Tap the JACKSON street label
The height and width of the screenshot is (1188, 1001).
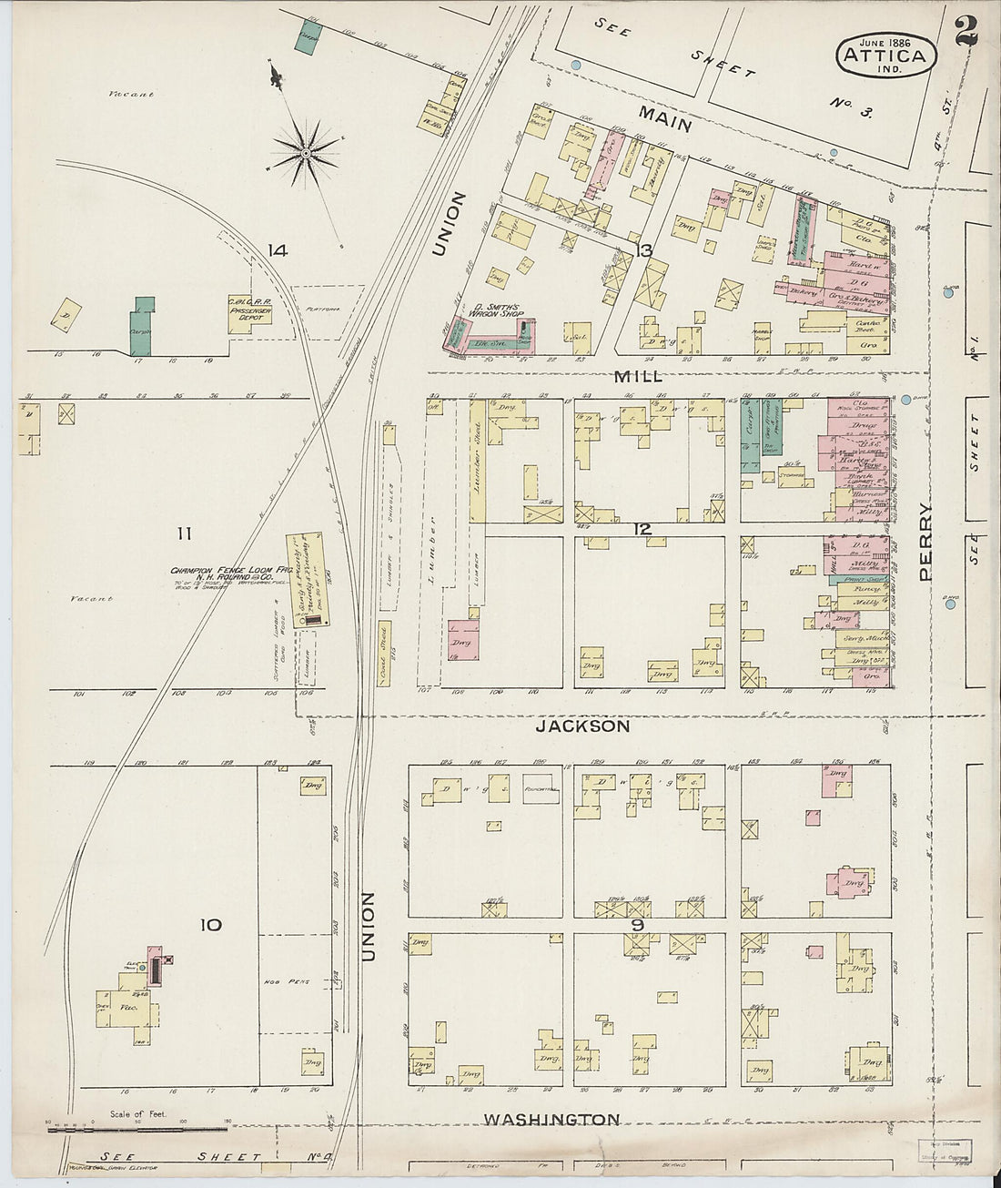point(581,726)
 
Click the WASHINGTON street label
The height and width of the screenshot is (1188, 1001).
point(551,1120)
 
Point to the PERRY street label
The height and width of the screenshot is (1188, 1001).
point(926,542)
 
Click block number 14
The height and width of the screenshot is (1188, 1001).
point(278,250)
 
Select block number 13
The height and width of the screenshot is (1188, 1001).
point(645,251)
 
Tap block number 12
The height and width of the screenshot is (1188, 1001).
point(643,529)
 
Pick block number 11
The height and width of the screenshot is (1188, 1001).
point(186,533)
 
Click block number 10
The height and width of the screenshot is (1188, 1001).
point(211,925)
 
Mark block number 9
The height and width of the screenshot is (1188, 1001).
point(638,926)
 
